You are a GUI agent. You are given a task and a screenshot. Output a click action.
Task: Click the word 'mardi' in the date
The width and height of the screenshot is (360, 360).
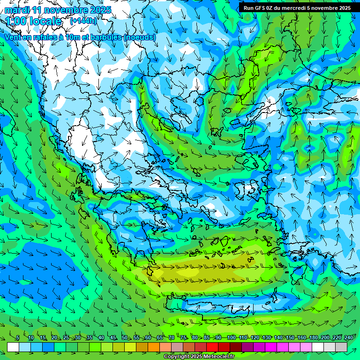point(16,10)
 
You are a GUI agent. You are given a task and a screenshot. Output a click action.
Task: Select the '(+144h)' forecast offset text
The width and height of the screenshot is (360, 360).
point(83,21)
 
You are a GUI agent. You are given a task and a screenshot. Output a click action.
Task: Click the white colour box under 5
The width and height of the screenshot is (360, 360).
point(13,347)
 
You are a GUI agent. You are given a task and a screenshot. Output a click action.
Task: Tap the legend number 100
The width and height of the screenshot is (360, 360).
point(231,338)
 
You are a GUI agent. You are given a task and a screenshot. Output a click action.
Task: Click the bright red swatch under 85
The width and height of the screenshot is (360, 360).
point(212,347)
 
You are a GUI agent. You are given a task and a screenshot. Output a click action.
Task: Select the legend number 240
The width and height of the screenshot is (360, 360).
point(349,338)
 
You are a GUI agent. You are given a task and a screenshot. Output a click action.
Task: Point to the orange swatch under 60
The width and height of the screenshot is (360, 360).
point(154,347)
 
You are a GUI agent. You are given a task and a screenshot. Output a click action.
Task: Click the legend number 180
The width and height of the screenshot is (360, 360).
point(314,338)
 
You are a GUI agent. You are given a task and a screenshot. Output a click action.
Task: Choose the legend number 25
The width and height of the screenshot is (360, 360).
point(66,338)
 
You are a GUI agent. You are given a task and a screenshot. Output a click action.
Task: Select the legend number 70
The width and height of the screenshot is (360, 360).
point(172,338)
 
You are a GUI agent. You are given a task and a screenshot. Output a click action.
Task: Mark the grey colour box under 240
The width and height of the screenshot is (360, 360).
point(341,347)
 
